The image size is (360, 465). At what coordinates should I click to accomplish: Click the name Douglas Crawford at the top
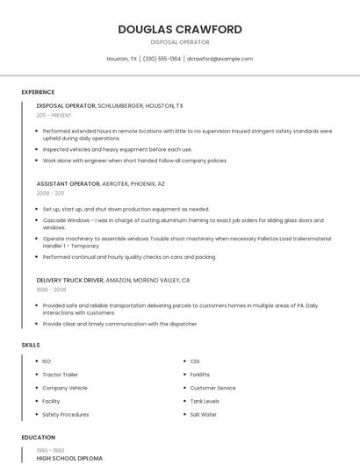coord(180,29)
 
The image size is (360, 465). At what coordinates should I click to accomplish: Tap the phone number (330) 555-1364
coord(162,59)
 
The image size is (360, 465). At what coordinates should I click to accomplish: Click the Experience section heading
coord(38,92)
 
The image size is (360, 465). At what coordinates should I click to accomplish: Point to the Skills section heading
coord(31,345)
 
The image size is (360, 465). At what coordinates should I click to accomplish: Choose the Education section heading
coord(39,437)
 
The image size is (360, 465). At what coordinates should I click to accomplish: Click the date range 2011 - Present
coord(54,115)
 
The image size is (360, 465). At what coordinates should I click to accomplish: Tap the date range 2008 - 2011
coord(50,193)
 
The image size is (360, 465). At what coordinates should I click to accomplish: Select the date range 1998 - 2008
coord(51,289)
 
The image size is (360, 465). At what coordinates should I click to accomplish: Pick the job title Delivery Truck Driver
coord(70,280)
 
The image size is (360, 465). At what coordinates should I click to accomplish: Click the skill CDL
coord(195,361)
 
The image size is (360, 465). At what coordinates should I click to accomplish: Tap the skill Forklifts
coord(200,375)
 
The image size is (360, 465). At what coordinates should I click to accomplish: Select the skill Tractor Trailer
coord(60,375)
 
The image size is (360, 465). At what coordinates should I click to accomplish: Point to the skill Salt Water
coord(203,414)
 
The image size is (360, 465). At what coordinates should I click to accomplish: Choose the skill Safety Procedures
coord(65,414)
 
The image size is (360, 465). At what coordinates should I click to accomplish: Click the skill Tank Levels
coord(205,401)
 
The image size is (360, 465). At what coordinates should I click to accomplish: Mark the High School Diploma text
coord(69,458)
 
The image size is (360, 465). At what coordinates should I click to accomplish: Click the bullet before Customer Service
coord(182,388)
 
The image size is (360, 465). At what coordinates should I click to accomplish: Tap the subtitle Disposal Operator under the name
coord(180,42)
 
